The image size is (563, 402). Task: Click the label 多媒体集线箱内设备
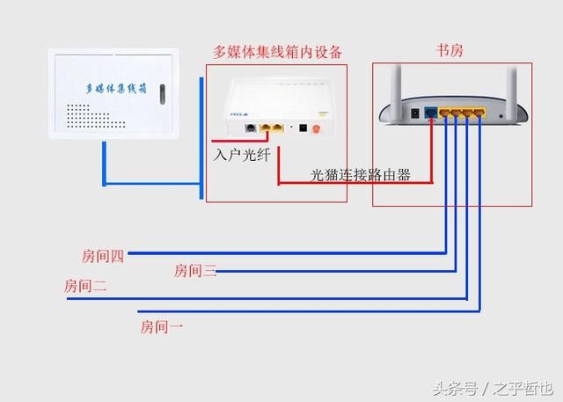(x=278, y=51)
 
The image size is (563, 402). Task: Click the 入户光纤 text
(x=242, y=154)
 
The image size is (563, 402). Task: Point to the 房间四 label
(x=103, y=256)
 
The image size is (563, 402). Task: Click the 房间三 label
(x=195, y=271)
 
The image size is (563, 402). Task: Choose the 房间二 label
(x=85, y=286)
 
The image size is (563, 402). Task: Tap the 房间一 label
(x=162, y=326)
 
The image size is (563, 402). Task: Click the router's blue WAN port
(x=431, y=113)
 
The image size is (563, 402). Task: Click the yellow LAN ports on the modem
(x=274, y=128)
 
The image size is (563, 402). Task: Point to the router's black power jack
(x=414, y=113)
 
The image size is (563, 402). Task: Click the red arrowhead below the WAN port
(x=431, y=126)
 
